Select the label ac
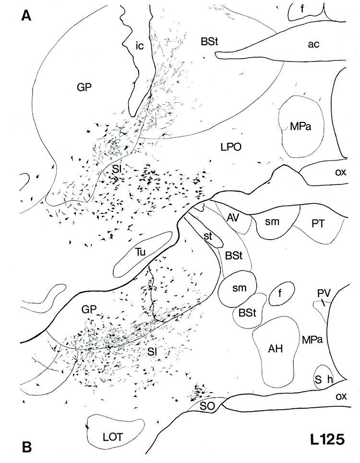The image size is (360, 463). point(313,44)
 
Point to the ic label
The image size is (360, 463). point(139,47)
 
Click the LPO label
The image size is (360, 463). point(230,148)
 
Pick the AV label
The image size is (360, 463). point(233,218)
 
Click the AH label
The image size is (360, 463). point(275,349)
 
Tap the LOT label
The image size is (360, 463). point(114,437)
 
